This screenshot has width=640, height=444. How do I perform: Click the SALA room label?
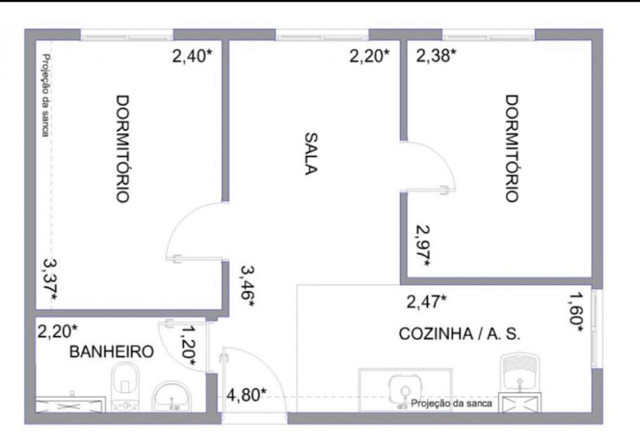tap(311, 153)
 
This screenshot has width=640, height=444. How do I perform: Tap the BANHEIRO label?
tap(111, 351)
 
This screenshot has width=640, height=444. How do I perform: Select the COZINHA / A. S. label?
tap(460, 333)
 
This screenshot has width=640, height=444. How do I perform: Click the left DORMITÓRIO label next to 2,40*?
tap(123, 149)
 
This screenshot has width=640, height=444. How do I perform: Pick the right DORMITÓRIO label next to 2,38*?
tap(512, 148)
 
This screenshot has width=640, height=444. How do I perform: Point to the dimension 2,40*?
tap(192, 56)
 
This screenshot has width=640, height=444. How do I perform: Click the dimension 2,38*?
tap(436, 55)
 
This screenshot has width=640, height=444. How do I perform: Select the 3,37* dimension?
tap(50, 280)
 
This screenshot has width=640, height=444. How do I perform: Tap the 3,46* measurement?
tap(248, 287)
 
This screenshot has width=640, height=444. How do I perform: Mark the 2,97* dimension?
tap(422, 246)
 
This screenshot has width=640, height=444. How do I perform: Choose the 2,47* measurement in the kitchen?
tap(426, 302)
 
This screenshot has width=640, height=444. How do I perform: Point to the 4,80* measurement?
tap(246, 394)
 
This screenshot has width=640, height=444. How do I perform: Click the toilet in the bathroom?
tap(125, 386)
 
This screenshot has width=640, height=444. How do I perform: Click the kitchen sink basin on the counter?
tap(404, 390)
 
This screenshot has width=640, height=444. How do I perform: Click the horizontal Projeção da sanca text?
tap(451, 403)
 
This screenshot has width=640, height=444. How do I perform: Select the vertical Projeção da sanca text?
tap(46, 95)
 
